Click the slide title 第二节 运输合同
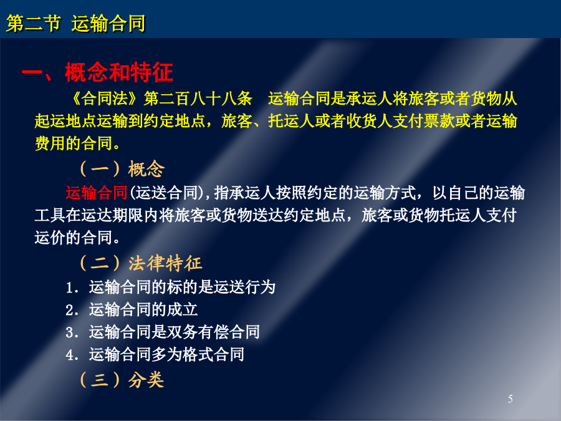tap(76, 24)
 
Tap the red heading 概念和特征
tap(119, 72)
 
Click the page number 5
tap(510, 399)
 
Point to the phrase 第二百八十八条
tap(198, 99)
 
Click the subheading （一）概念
tap(122, 168)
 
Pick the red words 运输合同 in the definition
tap(97, 193)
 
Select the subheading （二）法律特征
tap(141, 263)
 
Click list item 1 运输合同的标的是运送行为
tap(171, 287)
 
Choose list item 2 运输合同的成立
tap(132, 309)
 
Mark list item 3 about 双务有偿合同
tap(163, 332)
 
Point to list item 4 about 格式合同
tap(155, 354)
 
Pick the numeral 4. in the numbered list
tap(72, 355)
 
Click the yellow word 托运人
tap(291, 121)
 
